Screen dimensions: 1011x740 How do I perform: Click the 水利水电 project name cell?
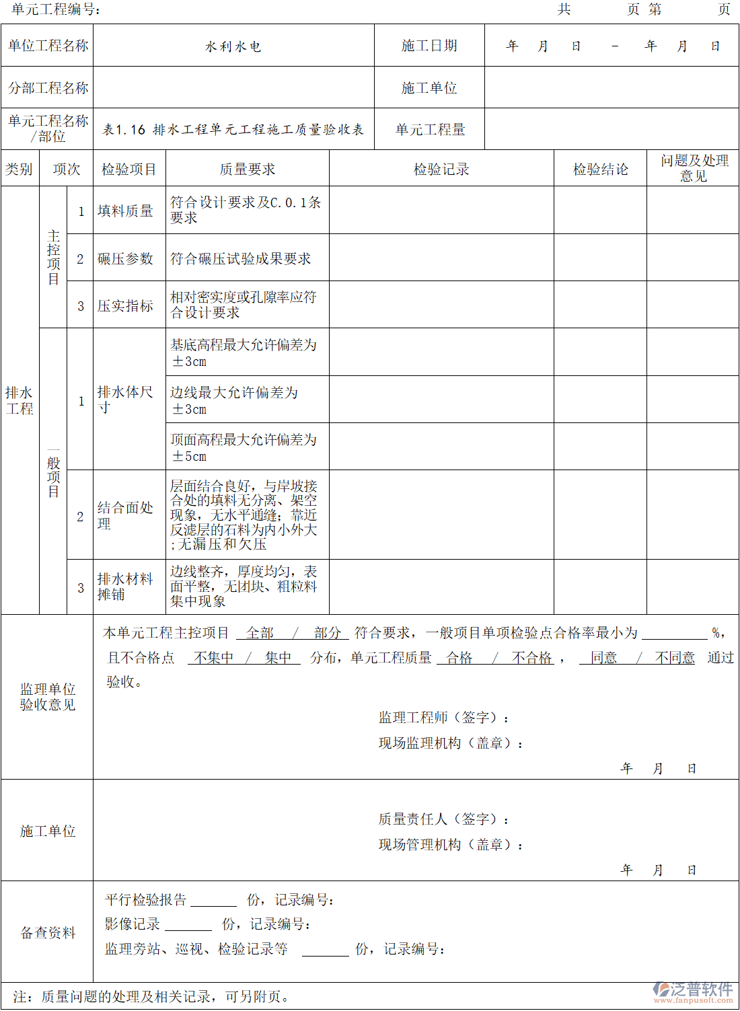pos(233,46)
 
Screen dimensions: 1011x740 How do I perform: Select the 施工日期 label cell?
pos(429,46)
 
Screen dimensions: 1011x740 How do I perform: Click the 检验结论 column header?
pos(600,169)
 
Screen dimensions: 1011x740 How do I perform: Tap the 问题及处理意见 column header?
pos(694,168)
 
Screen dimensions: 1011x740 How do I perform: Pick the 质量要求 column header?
pos(248,169)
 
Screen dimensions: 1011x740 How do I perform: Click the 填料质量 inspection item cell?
pos(126,211)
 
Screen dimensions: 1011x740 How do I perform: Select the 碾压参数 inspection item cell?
pos(126,258)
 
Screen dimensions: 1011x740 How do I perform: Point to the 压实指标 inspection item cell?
pos(126,306)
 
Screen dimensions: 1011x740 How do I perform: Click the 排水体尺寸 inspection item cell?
pos(126,400)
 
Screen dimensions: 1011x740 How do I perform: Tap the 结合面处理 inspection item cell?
pos(126,515)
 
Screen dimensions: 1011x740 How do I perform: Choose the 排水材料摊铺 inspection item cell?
pos(126,587)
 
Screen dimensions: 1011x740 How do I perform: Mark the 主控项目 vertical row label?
pos(54,258)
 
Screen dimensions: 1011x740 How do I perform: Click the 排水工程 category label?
pos(20,400)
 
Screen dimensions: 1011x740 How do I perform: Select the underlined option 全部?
pos(260,633)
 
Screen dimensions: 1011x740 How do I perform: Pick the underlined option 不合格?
pos(531,658)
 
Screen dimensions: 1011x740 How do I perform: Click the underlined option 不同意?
pos(675,658)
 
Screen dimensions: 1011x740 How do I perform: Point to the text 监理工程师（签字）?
pos(444,718)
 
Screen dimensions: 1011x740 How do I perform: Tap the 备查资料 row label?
pos(48,932)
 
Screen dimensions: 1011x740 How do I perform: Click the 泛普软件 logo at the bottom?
pos(693,991)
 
